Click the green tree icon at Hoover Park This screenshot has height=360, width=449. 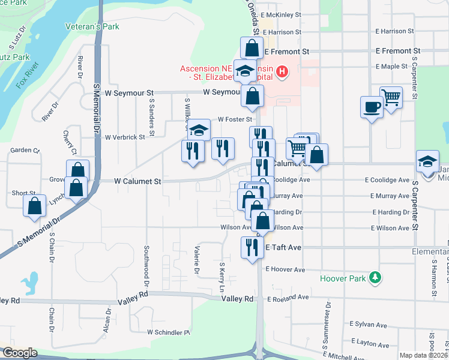tap(376, 277)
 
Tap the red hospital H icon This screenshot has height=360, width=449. tap(282, 73)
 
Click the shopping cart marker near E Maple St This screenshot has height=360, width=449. tap(391, 97)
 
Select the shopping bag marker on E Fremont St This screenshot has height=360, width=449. tap(252, 47)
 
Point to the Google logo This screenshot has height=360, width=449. tap(19, 353)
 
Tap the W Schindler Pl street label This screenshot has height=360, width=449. tap(169, 332)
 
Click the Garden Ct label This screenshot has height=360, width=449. tap(25, 151)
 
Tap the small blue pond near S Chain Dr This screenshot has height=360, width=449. tap(28, 281)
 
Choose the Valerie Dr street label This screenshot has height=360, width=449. tap(196, 260)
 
